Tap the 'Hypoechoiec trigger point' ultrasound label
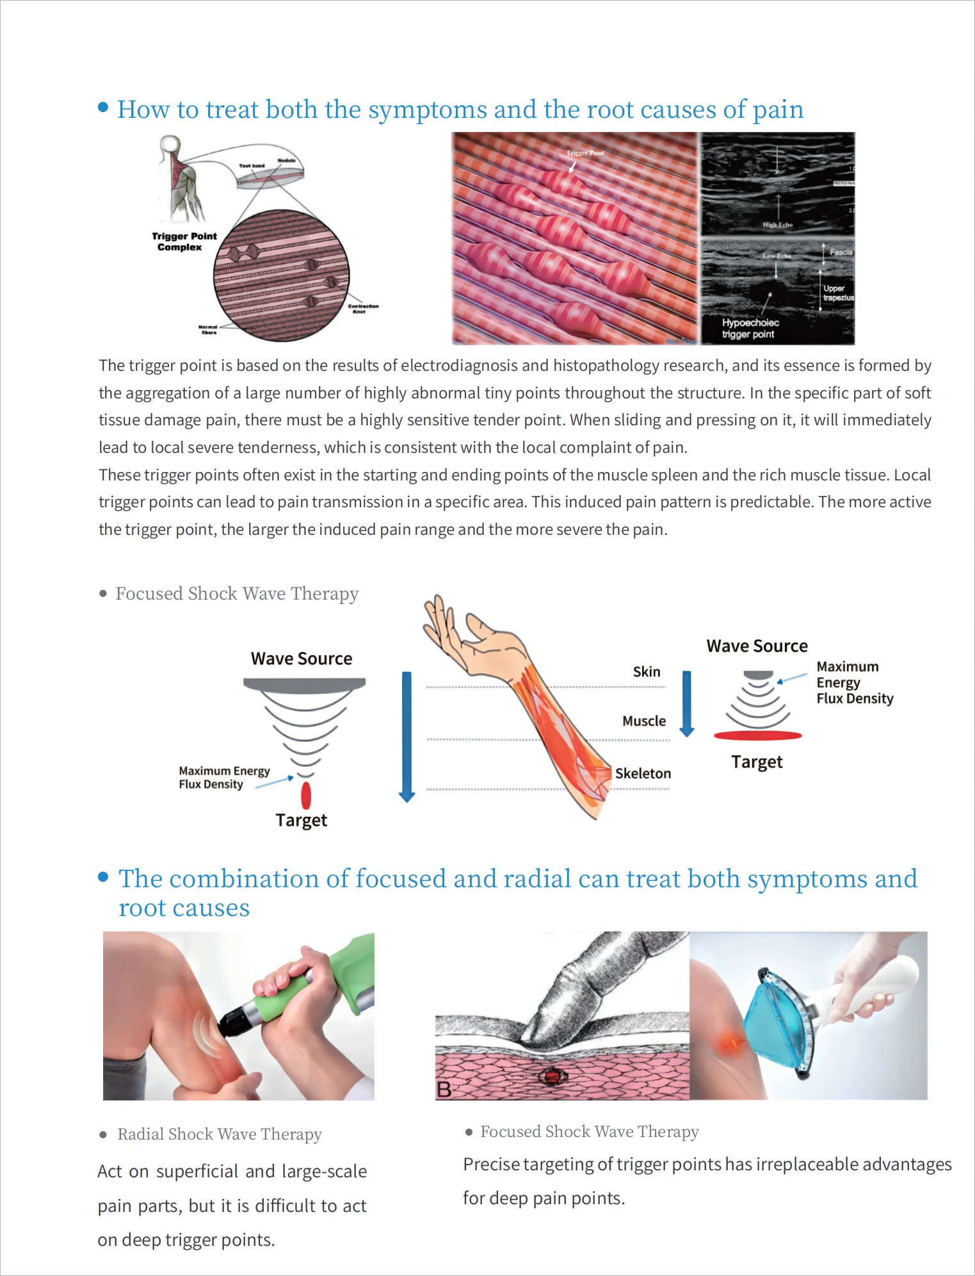(x=750, y=329)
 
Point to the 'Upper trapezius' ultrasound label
(x=837, y=293)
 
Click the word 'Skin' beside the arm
(x=646, y=672)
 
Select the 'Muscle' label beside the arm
(x=643, y=721)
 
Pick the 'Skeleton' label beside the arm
(x=643, y=774)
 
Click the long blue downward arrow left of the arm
(x=407, y=737)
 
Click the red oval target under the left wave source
(x=306, y=796)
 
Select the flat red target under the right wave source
(x=757, y=736)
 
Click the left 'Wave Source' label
(x=301, y=658)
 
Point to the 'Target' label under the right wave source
(x=757, y=762)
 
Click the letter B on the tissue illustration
(x=444, y=1089)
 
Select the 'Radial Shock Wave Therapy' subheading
(x=219, y=1134)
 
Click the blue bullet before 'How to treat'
(x=103, y=108)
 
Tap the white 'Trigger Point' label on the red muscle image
(x=585, y=153)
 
